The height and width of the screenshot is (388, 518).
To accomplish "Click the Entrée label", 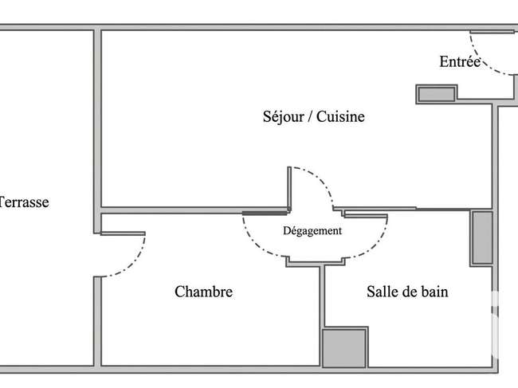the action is (460, 62).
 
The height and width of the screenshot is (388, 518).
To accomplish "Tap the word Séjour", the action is (284, 117).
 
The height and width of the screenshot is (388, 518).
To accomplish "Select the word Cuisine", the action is (340, 116).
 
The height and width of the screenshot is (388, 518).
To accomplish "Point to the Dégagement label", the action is (312, 231).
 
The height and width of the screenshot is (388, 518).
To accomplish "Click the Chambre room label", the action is (203, 292).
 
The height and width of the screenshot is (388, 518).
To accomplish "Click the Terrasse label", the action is (24, 202).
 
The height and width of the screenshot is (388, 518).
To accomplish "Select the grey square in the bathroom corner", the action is (344, 347).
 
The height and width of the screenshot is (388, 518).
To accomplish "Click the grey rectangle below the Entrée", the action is (437, 95).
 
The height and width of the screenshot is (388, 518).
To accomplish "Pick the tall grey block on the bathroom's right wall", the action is (482, 237).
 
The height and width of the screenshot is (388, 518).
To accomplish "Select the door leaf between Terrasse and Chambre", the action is (123, 233).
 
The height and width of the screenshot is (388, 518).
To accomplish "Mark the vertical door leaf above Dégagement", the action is (289, 189).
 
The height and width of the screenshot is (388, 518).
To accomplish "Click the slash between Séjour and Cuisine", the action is (310, 117).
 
